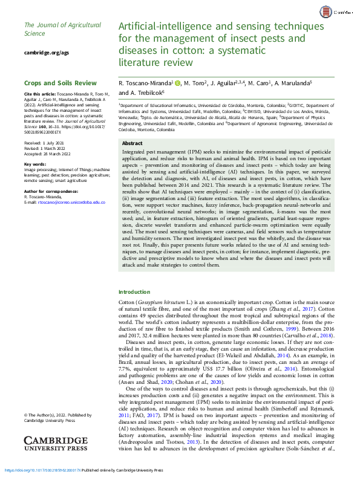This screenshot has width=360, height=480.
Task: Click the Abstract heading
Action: click(133, 143)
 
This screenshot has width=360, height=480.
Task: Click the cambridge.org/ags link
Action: click(42, 53)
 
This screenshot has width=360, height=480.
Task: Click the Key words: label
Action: click(35, 164)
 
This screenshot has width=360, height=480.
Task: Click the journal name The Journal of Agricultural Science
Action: click(54, 29)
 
